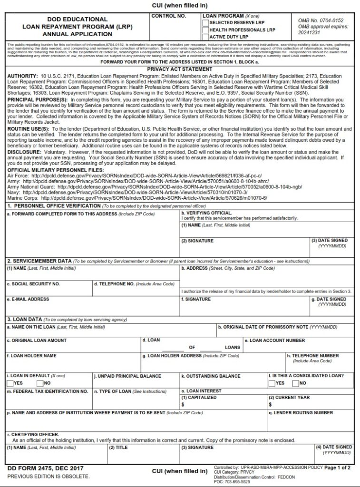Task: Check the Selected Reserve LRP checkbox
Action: pyautogui.click(x=205, y=22)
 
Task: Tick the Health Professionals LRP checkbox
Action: pyautogui.click(x=205, y=29)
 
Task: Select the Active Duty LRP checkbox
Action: pyautogui.click(x=205, y=37)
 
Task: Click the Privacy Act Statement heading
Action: pyautogui.click(x=180, y=69)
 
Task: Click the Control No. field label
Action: pyautogui.click(x=168, y=16)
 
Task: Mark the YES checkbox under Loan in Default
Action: pyautogui.click(x=10, y=383)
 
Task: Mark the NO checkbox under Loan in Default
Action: pyautogui.click(x=39, y=383)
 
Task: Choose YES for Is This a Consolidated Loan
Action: pyautogui.click(x=272, y=383)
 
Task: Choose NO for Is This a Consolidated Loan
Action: pyautogui.click(x=295, y=383)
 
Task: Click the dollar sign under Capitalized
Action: pyautogui.click(x=183, y=404)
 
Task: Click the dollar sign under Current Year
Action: pyautogui.click(x=270, y=404)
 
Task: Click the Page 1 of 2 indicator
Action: pyautogui.click(x=337, y=468)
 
